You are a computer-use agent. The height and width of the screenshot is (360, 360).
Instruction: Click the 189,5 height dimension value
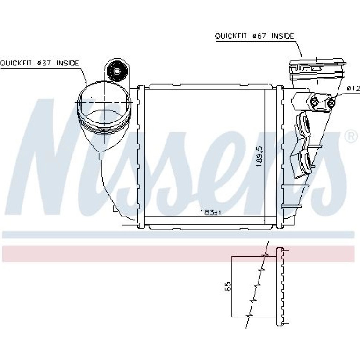tap(259, 157)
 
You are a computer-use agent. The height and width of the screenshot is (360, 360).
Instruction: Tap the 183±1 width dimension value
tap(210, 212)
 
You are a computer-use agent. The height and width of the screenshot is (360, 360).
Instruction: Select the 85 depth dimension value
tap(228, 287)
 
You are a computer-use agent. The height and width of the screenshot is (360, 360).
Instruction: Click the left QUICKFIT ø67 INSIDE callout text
tap(39, 63)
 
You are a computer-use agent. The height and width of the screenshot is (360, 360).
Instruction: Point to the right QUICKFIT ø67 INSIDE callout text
tap(254, 36)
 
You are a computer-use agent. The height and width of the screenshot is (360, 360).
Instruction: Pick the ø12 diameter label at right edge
tap(353, 88)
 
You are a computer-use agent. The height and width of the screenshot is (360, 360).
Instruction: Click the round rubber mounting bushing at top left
tap(117, 71)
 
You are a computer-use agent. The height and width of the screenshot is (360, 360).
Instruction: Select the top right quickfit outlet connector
tap(317, 69)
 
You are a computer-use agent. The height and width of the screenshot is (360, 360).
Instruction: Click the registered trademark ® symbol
tap(351, 137)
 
